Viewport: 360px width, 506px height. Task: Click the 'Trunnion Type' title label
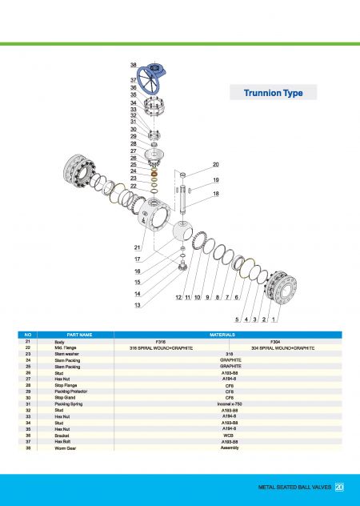point(273,94)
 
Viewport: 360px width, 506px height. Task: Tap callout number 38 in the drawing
point(134,64)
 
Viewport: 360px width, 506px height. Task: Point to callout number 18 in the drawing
point(215,194)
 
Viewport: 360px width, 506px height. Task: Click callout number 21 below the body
point(138,247)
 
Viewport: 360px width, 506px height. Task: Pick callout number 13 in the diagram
point(138,305)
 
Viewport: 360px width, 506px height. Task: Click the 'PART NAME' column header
point(79,334)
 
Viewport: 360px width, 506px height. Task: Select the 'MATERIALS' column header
point(227,334)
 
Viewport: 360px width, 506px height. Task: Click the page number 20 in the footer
point(339,486)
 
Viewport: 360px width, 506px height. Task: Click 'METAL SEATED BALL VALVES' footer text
point(294,486)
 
